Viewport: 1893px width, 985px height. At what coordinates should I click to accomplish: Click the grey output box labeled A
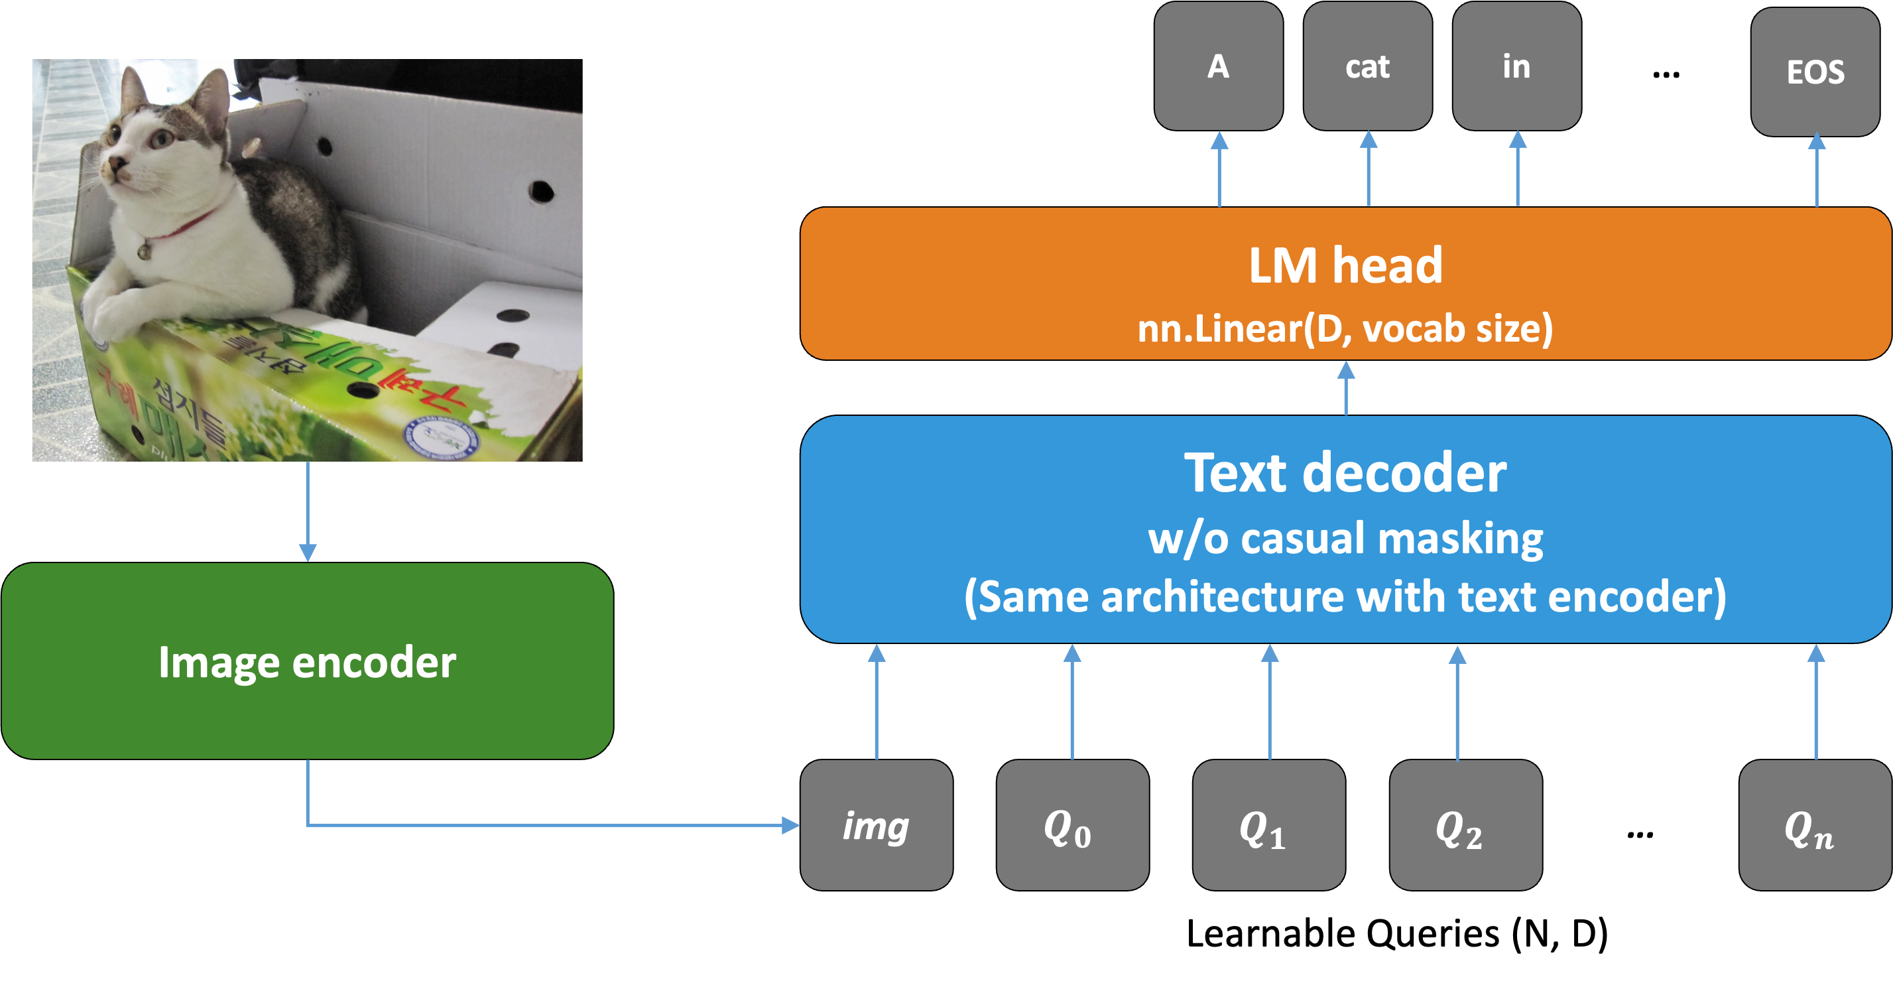1219,66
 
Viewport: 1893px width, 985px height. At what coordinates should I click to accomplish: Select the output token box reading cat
1368,66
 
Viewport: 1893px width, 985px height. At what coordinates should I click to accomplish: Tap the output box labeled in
1517,66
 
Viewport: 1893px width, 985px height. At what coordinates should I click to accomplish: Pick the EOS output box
1815,72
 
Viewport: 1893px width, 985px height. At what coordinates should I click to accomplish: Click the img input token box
876,824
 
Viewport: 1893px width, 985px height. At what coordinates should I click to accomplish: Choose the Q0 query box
1072,824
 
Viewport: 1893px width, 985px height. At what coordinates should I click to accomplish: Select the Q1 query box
1268,824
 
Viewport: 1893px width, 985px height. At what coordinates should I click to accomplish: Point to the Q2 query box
1465,824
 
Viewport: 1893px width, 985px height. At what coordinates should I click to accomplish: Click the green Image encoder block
307,661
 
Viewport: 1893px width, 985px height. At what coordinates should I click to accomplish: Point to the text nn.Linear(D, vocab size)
1345,328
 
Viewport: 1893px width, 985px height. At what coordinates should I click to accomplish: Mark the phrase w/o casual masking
1345,538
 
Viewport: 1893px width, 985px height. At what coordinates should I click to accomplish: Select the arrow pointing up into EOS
1817,170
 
